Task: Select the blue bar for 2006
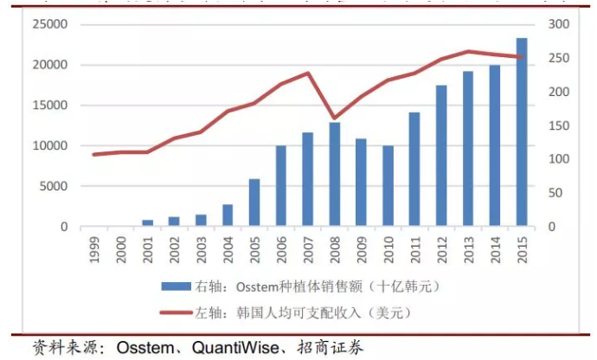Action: click(x=281, y=186)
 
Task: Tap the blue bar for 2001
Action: click(x=147, y=223)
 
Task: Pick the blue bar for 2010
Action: click(x=388, y=186)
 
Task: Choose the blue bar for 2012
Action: click(x=441, y=156)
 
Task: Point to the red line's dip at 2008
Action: click(x=335, y=119)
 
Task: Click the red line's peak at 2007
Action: click(x=308, y=73)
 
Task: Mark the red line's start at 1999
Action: click(x=94, y=154)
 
